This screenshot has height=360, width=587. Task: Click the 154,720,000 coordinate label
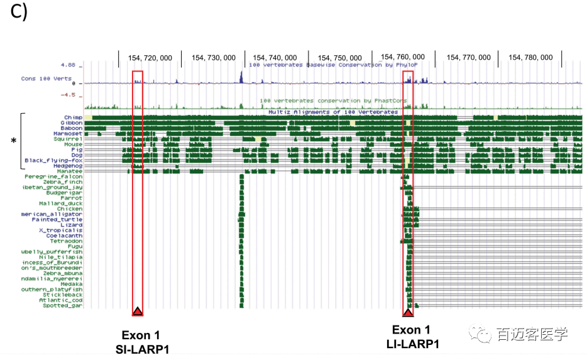[x=150, y=57]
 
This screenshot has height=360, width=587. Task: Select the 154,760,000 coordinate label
[x=403, y=57]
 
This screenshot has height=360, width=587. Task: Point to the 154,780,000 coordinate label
[x=530, y=57]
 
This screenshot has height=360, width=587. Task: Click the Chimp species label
[x=73, y=117]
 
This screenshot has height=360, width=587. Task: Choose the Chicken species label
[x=70, y=209]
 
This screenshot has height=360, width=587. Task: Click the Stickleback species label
[x=63, y=295]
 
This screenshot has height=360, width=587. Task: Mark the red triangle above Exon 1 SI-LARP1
[x=138, y=311]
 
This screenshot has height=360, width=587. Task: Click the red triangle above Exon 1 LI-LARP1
[x=408, y=312]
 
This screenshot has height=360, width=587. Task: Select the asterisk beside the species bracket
[x=13, y=141]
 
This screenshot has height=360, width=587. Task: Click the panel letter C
[x=18, y=14]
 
